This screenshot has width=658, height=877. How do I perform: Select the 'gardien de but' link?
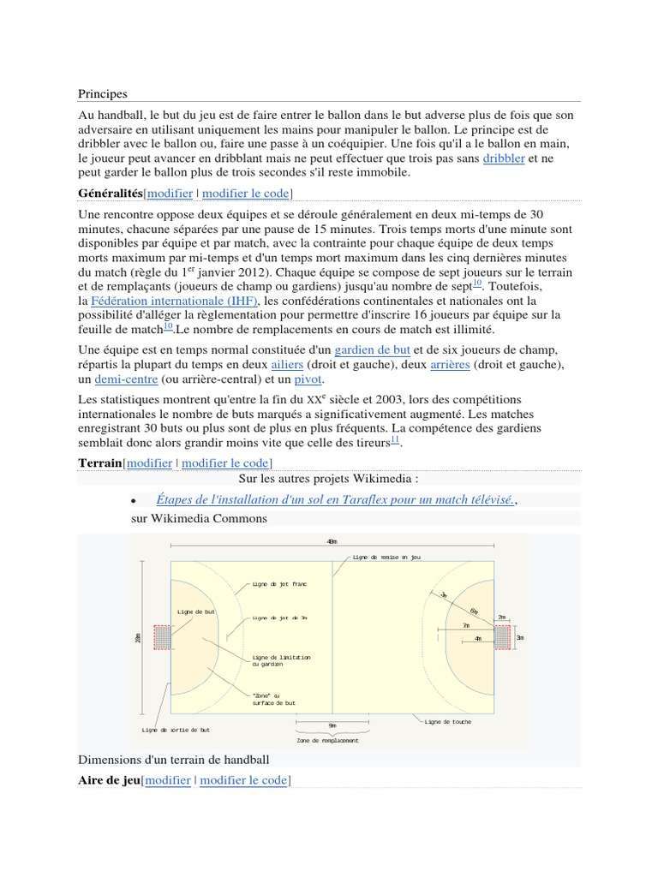(x=372, y=350)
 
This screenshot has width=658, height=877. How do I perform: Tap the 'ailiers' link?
(x=286, y=365)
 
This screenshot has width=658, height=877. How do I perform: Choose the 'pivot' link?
(x=308, y=379)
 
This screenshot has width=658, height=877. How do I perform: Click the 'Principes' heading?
(x=102, y=93)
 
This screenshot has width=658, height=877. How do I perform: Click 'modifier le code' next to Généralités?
(x=245, y=193)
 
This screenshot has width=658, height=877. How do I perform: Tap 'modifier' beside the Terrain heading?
(x=149, y=463)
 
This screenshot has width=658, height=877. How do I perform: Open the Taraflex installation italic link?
(x=335, y=498)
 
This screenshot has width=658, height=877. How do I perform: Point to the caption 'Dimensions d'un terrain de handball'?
(x=174, y=760)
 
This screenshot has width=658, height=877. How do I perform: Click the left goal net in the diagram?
(x=162, y=636)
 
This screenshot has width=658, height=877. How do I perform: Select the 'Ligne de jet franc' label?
(x=278, y=583)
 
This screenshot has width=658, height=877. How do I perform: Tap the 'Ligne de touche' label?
(x=447, y=721)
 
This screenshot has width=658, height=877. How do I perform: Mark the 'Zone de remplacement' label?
(x=327, y=740)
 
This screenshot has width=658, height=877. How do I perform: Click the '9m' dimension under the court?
(x=332, y=725)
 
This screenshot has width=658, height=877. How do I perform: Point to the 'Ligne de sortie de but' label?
(x=176, y=730)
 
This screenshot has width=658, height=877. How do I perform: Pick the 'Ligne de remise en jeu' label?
(x=387, y=557)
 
